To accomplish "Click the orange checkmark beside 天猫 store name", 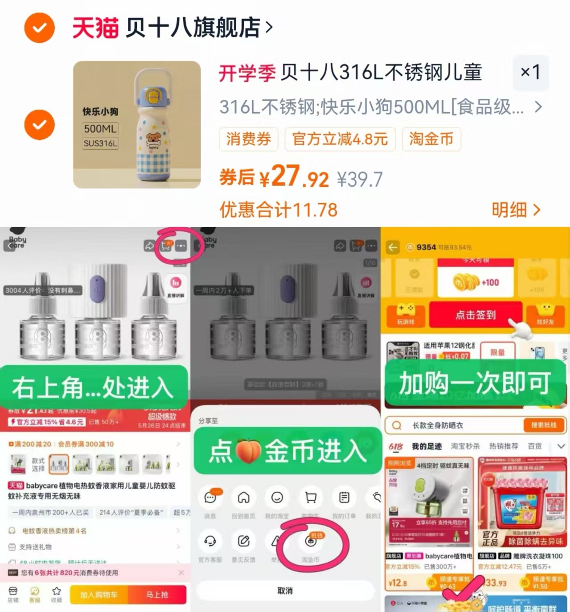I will click(x=40, y=28).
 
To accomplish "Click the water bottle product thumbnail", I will click(x=137, y=125).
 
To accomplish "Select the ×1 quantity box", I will click(x=530, y=72).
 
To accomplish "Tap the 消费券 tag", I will click(x=248, y=139).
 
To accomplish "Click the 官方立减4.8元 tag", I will click(x=340, y=139).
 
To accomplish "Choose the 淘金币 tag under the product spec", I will click(x=431, y=139).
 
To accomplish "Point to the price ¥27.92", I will click(x=294, y=177).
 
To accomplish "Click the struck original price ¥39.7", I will click(x=360, y=180).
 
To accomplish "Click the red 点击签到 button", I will click(x=476, y=315).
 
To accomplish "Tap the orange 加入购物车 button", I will click(x=99, y=595).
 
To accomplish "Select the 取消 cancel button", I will click(x=285, y=591).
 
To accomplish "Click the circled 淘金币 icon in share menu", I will click(x=311, y=542).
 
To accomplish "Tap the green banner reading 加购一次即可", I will click(x=475, y=383).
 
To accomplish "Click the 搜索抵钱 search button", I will click(x=543, y=425).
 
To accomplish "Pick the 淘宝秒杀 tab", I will click(x=465, y=446).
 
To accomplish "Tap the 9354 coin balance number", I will click(x=426, y=247).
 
